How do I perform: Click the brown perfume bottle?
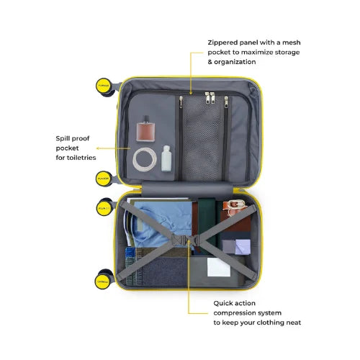click(145, 129)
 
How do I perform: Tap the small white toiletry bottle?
click(166, 158)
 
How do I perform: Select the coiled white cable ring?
click(145, 159)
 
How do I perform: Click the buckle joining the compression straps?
click(186, 240)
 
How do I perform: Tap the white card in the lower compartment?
click(219, 267)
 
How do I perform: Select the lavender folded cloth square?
click(243, 246)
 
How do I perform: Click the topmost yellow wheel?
click(104, 86)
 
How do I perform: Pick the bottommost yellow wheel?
click(103, 282)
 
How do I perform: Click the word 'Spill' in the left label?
click(61, 138)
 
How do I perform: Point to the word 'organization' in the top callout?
click(235, 62)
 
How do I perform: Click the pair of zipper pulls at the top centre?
click(210, 98)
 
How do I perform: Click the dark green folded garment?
click(207, 225)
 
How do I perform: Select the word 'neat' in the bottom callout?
click(294, 323)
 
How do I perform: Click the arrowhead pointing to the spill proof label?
click(98, 148)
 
